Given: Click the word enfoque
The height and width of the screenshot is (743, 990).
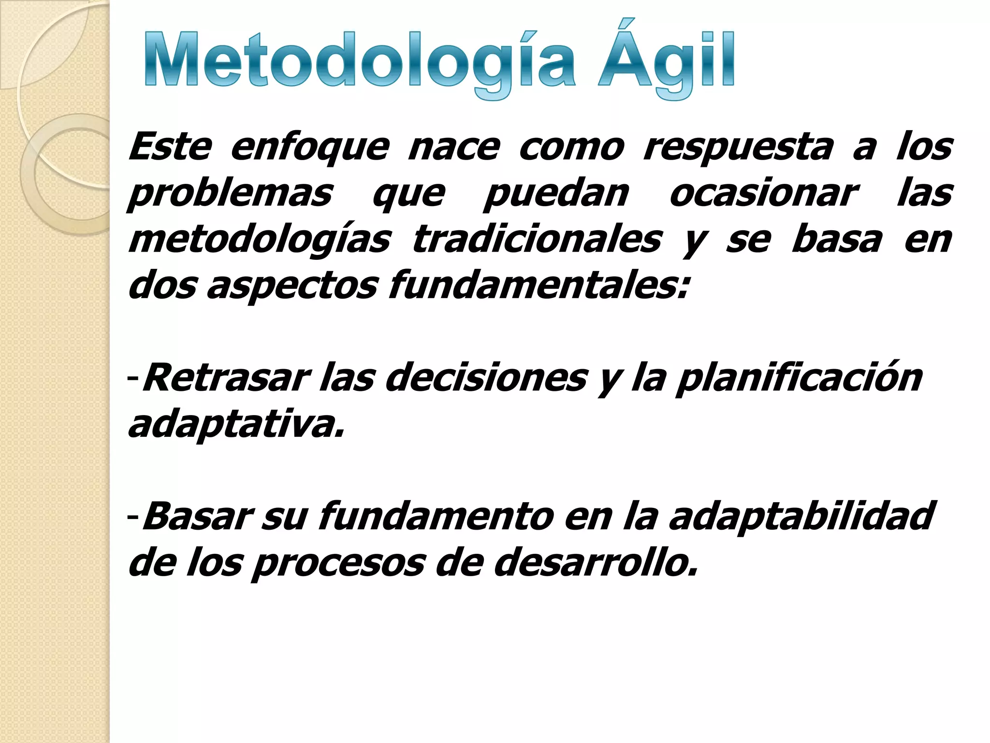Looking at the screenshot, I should tap(309, 147).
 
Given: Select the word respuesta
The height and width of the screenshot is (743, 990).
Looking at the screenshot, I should tap(739, 147).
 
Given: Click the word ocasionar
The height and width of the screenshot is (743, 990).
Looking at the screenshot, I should tap(764, 193).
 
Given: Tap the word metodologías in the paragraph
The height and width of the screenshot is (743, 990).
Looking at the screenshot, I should tap(259, 240).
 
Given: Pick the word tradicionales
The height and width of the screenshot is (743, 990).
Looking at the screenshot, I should tap(537, 239).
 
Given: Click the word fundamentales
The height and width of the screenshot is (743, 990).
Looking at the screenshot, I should tap(538, 285).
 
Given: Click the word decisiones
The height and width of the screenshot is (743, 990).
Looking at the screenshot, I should tap(486, 378).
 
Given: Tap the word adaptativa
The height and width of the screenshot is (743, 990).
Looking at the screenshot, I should tap(236, 425).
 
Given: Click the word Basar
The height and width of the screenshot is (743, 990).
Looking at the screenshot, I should tap(196, 516).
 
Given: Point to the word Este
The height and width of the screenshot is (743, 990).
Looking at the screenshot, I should tap(170, 147).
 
